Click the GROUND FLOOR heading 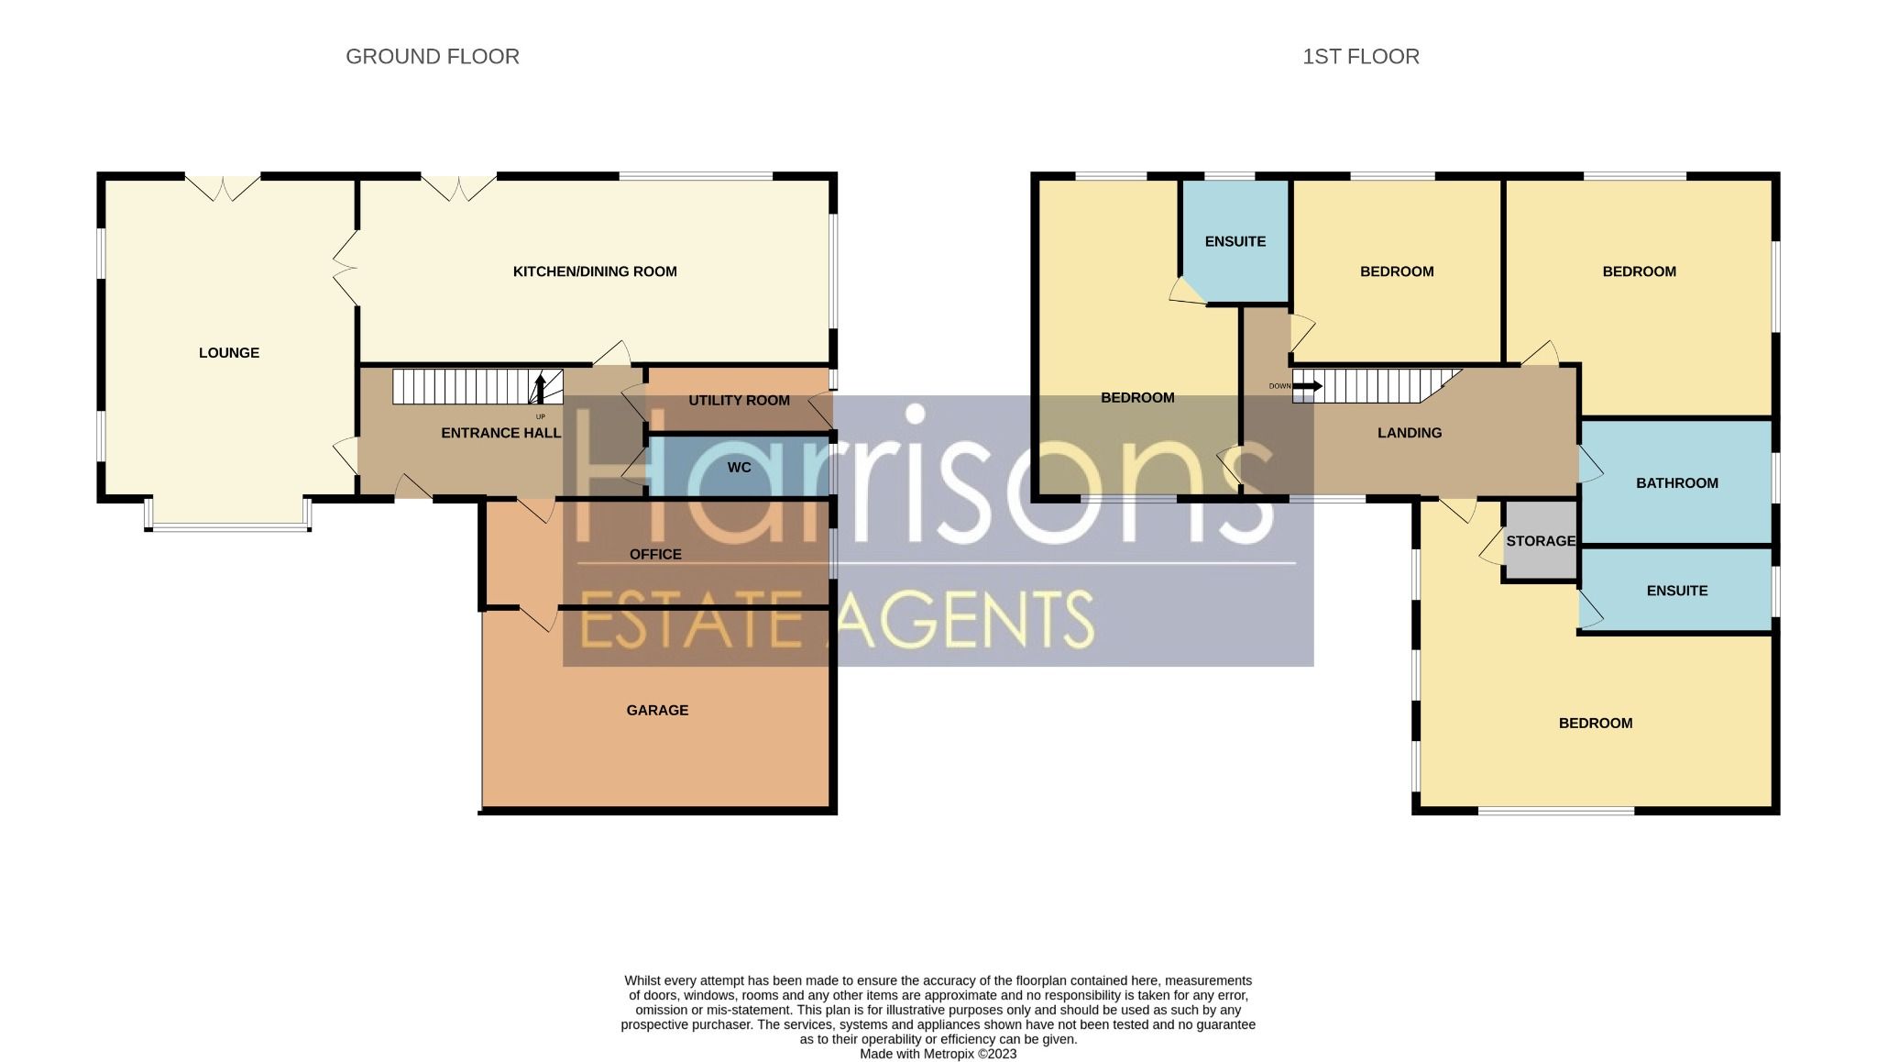(432, 57)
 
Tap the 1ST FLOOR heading (1360, 57)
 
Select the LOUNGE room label (229, 353)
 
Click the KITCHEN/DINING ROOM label (595, 271)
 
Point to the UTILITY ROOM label (739, 401)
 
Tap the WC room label (739, 468)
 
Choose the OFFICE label (655, 554)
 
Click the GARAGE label (657, 710)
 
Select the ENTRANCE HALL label (500, 433)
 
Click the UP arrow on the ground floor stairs (540, 388)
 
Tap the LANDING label (1410, 433)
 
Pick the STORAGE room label (1541, 541)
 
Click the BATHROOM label (1676, 483)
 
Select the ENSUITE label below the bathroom (1676, 591)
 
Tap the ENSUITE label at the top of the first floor (1235, 241)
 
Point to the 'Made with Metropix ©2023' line (938, 1054)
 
